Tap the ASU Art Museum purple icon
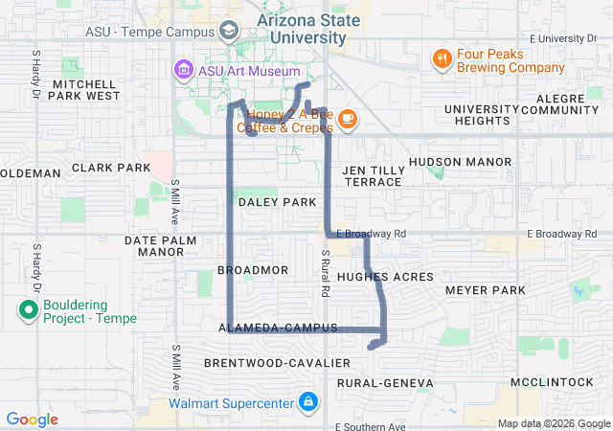click(x=182, y=70)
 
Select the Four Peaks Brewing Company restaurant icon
click(x=442, y=58)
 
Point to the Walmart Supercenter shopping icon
click(x=307, y=402)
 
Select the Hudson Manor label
click(x=461, y=162)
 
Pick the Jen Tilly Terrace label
click(x=373, y=175)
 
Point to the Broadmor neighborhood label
click(x=253, y=270)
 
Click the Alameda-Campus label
click(x=279, y=328)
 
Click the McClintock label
click(x=553, y=381)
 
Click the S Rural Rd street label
click(x=327, y=272)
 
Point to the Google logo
click(x=33, y=420)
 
